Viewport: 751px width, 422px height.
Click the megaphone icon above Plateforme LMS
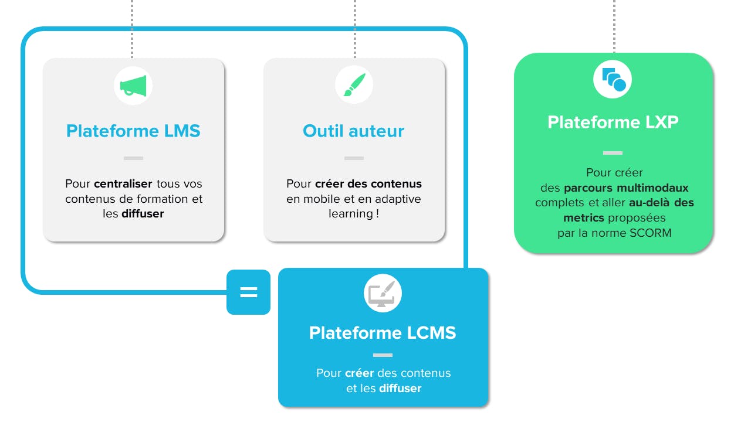pyautogui.click(x=133, y=86)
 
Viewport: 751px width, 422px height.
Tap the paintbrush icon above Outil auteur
pyautogui.click(x=354, y=86)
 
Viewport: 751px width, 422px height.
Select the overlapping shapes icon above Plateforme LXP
pyautogui.click(x=613, y=79)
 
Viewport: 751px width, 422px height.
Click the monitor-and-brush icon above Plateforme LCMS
pyautogui.click(x=383, y=293)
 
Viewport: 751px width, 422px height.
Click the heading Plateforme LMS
pyautogui.click(x=133, y=131)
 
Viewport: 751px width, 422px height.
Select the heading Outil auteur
pyautogui.click(x=353, y=131)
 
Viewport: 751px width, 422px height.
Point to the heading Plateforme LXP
pyautogui.click(x=613, y=122)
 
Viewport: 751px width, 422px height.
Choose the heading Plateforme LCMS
pyautogui.click(x=383, y=333)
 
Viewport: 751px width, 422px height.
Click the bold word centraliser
pyautogui.click(x=123, y=184)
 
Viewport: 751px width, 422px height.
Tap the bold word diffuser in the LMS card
pyautogui.click(x=143, y=214)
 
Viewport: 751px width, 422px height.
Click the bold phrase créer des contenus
pyautogui.click(x=368, y=184)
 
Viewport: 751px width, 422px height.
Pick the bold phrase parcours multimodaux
pyautogui.click(x=626, y=188)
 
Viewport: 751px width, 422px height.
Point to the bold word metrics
pyautogui.click(x=584, y=218)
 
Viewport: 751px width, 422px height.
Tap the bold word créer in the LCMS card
pyautogui.click(x=359, y=373)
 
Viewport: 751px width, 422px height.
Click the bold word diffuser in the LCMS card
pyautogui.click(x=400, y=389)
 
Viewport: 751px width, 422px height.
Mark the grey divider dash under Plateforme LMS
pyautogui.click(x=133, y=158)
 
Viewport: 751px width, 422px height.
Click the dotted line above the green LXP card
pyautogui.click(x=614, y=26)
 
